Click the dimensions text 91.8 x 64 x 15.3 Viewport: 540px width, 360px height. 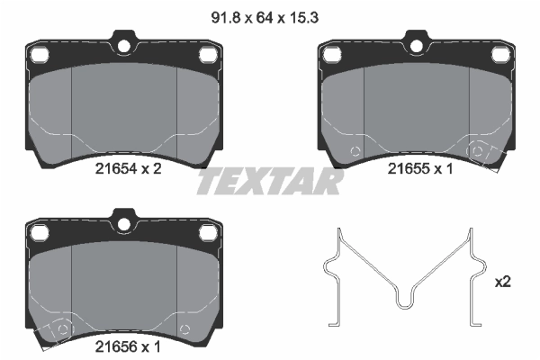(267, 14)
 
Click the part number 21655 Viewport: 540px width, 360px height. (407, 167)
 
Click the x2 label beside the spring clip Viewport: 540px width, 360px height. (502, 282)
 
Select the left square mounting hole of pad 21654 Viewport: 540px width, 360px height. (40, 56)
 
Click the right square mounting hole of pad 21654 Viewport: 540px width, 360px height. (208, 56)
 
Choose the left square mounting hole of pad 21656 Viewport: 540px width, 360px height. (40, 232)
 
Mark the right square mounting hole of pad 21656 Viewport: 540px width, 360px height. (208, 232)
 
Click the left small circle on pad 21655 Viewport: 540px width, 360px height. (355, 149)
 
